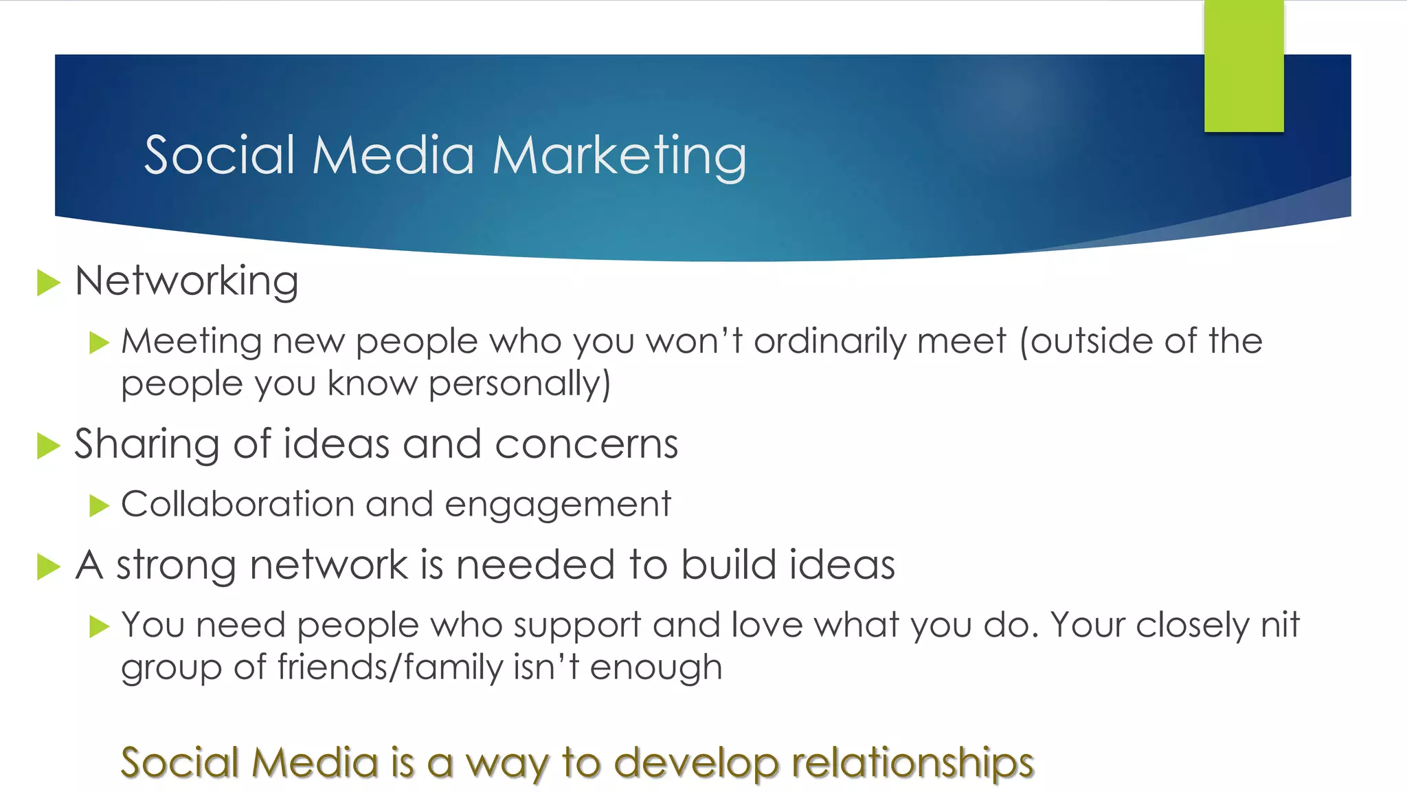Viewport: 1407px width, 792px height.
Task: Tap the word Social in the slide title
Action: click(x=220, y=155)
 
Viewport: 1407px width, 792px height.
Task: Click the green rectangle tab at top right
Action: click(x=1243, y=65)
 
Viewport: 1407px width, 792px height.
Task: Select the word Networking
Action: click(x=187, y=282)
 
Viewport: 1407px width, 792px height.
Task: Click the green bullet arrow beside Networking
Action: click(x=48, y=283)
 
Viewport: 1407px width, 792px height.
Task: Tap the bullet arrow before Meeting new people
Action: click(x=100, y=342)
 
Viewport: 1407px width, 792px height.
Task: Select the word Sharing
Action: click(x=148, y=445)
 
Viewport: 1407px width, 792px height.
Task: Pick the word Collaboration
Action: click(x=238, y=504)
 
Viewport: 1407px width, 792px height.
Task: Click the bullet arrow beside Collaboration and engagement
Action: click(x=100, y=506)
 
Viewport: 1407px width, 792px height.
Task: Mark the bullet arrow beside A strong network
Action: click(x=48, y=566)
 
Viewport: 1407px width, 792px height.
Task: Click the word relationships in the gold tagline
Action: click(x=912, y=763)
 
